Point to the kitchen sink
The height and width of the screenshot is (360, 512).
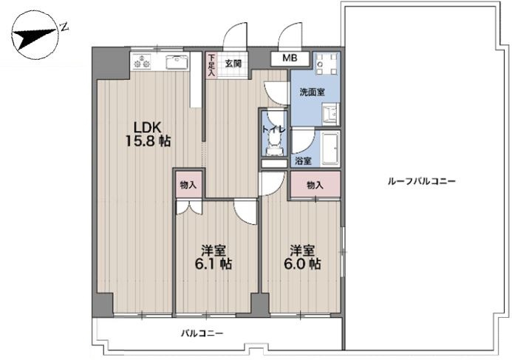[177, 63]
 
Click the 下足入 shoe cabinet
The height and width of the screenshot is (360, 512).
[211, 65]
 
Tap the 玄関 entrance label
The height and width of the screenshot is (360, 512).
[233, 63]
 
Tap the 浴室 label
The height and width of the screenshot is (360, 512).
[303, 160]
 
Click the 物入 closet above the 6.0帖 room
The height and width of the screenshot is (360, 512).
[315, 185]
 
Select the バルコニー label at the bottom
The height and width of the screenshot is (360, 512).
[201, 333]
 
